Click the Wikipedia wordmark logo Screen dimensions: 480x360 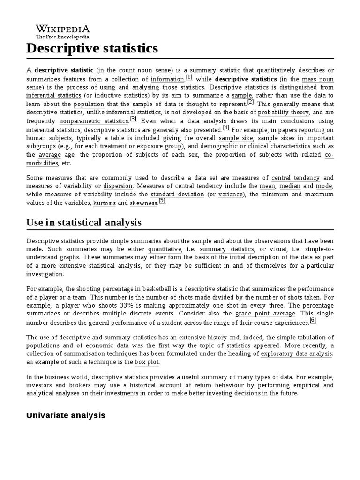coord(63,28)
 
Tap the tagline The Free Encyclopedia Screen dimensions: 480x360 coord(63,37)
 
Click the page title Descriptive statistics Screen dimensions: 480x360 coord(92,48)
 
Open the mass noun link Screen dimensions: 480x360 coord(318,79)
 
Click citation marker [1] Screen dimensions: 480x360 coord(189,77)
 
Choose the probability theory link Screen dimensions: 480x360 coord(284,112)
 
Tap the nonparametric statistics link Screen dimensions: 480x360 coord(94,121)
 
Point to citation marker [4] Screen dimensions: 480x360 coord(226,127)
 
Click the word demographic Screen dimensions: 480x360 coord(219,146)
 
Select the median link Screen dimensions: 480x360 coord(290,186)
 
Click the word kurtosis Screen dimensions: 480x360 coord(104,203)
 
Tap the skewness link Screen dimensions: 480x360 coord(143,203)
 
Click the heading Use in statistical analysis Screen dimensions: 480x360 coord(84,222)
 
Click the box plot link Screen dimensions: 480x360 coord(147,362)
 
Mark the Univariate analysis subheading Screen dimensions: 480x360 coord(66,415)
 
